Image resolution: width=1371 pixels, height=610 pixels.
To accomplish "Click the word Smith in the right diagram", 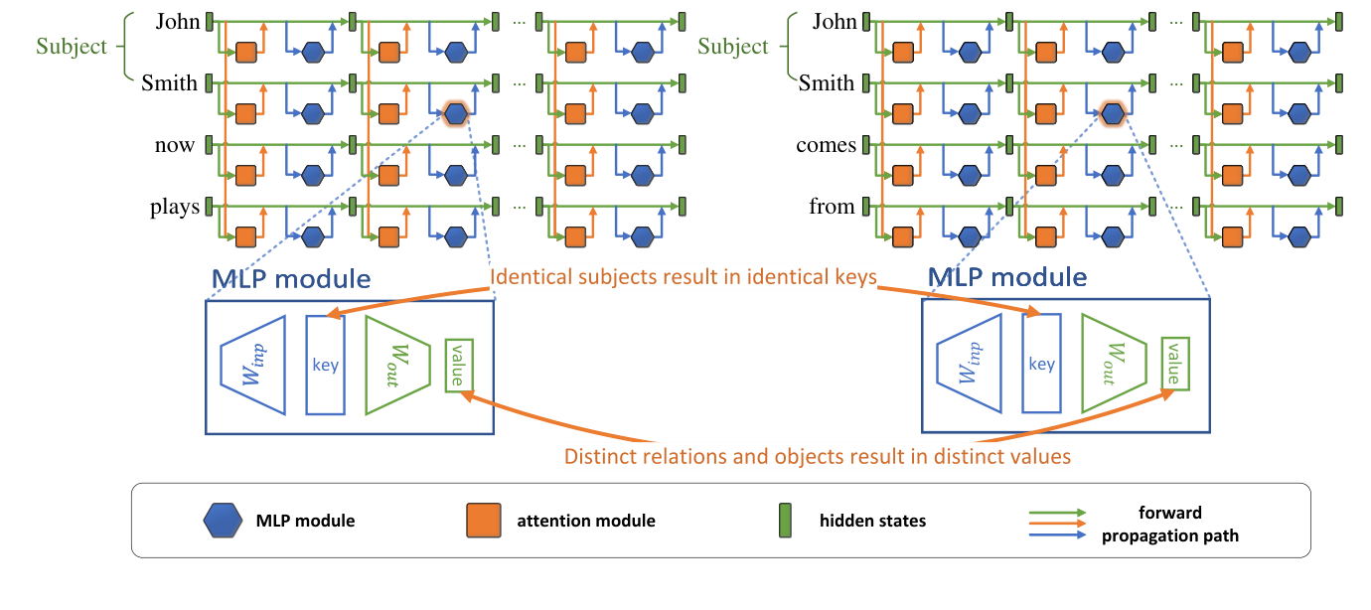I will click(827, 83).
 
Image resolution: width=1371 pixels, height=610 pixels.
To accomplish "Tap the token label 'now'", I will click(175, 145).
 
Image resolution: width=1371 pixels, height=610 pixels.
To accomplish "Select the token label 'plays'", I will click(175, 207).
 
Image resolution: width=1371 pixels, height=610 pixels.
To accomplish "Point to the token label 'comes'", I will click(826, 145).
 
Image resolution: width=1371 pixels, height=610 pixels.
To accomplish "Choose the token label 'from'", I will click(832, 207).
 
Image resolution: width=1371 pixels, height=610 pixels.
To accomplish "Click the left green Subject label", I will click(71, 47).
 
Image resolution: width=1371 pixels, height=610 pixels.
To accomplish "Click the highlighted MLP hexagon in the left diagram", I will click(456, 113).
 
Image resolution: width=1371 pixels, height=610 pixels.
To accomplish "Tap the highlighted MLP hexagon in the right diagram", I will click(1113, 113).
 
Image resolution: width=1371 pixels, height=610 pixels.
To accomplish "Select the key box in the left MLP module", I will click(326, 365).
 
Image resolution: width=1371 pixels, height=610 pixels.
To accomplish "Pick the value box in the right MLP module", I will click(1173, 364).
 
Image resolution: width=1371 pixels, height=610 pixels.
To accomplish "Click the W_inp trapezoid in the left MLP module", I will click(252, 365).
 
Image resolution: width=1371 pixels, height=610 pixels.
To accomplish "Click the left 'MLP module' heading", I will click(291, 279).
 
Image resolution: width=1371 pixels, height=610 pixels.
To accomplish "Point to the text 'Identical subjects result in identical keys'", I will click(684, 277).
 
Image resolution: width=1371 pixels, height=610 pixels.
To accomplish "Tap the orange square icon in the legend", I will click(481, 520).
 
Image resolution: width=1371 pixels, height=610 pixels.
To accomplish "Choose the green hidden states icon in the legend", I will click(784, 520).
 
